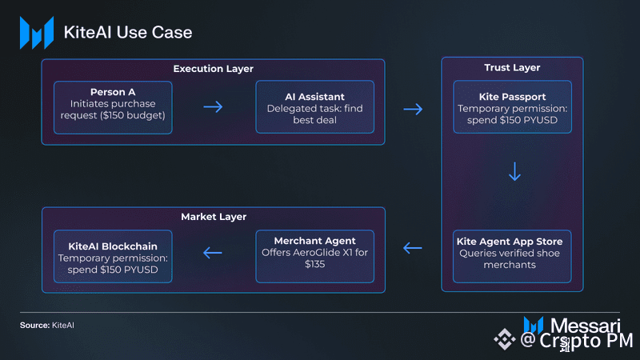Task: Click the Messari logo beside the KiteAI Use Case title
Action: (x=37, y=33)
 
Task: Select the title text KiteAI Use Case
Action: (x=128, y=33)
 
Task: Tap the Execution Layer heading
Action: (x=213, y=69)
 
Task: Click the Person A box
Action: (x=113, y=107)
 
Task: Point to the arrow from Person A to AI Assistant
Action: (x=213, y=107)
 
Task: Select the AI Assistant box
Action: (x=314, y=107)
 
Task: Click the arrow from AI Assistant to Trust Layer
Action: (x=413, y=109)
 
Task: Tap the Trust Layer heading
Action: (x=512, y=68)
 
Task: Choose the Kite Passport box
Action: (x=512, y=107)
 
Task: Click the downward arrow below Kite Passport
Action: (x=514, y=171)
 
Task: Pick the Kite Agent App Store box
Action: (x=512, y=256)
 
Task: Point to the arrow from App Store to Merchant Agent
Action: (x=412, y=248)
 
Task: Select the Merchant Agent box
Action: (x=314, y=256)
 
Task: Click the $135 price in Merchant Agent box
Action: (x=314, y=264)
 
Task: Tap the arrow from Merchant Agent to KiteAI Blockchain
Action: (x=213, y=253)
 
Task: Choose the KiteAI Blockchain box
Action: (x=113, y=256)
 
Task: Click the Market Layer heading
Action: (x=214, y=217)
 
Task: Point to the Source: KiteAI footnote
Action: (x=47, y=326)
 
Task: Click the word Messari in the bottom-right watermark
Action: (x=586, y=326)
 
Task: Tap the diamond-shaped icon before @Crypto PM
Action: (x=505, y=338)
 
